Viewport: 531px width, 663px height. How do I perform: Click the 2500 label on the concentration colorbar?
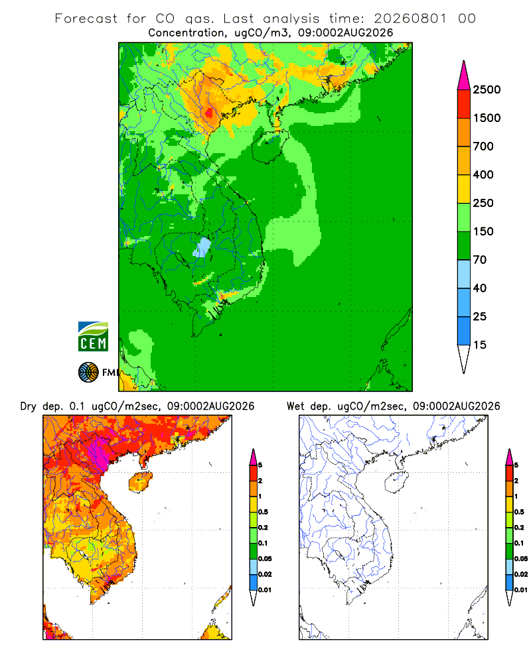pyautogui.click(x=487, y=90)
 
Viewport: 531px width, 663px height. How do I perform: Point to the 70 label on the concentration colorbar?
pyautogui.click(x=480, y=260)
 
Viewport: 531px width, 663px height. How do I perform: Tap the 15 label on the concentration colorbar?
pyautogui.click(x=480, y=345)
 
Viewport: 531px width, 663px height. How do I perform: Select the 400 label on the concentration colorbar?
pyautogui.click(x=483, y=174)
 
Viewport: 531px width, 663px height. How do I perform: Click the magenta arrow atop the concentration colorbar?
pyautogui.click(x=464, y=76)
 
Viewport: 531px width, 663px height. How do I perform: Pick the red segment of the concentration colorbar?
pyautogui.click(x=464, y=104)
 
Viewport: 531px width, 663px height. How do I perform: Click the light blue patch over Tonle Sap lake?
pyautogui.click(x=203, y=247)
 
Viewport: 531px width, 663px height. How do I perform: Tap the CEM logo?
pyautogui.click(x=93, y=337)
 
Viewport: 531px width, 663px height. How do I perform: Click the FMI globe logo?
pyautogui.click(x=88, y=373)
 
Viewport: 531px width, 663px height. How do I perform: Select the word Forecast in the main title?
pyautogui.click(x=86, y=19)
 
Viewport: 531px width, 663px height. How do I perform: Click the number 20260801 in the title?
pyautogui.click(x=410, y=19)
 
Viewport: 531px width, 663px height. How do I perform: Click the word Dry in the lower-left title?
pyautogui.click(x=29, y=406)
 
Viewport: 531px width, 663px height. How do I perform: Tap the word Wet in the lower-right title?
pyautogui.click(x=295, y=406)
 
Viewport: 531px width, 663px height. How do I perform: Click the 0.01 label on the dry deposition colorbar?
pyautogui.click(x=265, y=590)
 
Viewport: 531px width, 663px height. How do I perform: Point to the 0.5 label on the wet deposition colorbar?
pyautogui.click(x=519, y=512)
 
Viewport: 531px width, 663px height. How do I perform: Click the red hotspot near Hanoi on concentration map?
pyautogui.click(x=209, y=113)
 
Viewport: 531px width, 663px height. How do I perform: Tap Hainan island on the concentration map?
pyautogui.click(x=269, y=147)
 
